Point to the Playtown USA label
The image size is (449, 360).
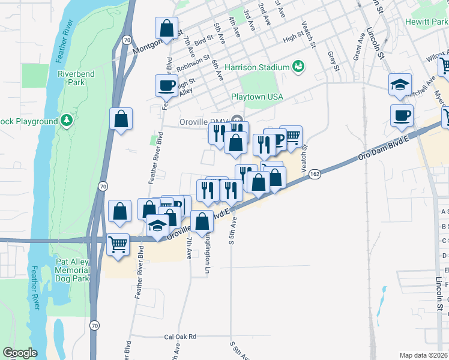tap(257, 97)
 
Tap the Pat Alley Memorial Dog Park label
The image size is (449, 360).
tap(72, 270)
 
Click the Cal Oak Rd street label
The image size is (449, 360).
tap(180, 337)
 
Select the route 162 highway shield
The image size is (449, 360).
tap(315, 173)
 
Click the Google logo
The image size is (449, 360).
tap(20, 353)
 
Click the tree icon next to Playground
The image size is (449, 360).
tap(67, 122)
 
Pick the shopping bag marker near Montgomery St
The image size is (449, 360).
tap(166, 28)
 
